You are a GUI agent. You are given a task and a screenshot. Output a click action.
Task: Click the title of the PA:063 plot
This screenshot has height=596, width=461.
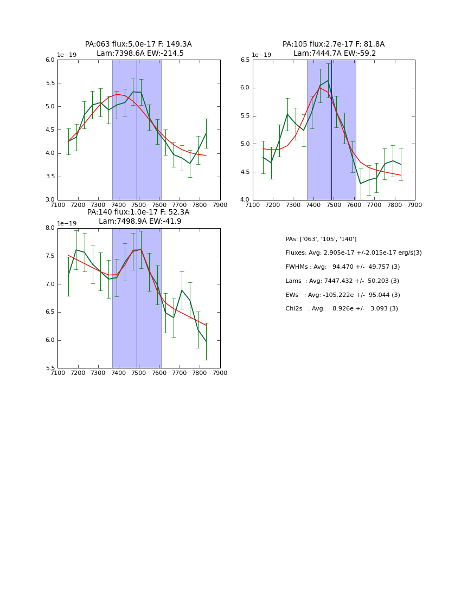pos(138,49)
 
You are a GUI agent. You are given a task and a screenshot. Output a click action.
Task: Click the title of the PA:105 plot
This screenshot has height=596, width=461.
pos(334,49)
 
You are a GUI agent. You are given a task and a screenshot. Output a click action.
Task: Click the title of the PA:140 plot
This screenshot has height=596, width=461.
pos(138,217)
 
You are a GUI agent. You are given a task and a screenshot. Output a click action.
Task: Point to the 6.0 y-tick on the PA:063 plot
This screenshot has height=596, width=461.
pos(50,60)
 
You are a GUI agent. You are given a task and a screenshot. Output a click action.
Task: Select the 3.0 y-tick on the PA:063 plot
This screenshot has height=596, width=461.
pos(50,200)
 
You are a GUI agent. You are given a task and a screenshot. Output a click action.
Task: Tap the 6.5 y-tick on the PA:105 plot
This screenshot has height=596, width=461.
pos(245,60)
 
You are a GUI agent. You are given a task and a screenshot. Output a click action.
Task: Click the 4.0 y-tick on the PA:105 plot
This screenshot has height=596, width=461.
pos(245,200)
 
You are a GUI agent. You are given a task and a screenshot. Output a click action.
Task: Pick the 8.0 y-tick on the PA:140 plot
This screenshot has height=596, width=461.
pos(50,228)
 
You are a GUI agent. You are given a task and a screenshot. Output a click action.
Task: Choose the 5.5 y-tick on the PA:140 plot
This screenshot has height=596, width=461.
pos(50,368)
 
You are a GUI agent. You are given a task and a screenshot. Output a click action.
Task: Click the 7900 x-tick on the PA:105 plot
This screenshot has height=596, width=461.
pos(415,205)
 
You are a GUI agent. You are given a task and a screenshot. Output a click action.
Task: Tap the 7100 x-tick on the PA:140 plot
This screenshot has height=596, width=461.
pos(57,373)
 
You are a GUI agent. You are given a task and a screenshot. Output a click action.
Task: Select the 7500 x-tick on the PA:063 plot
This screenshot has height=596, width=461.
pos(139,205)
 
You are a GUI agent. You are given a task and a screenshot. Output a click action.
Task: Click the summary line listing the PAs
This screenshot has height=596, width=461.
pos(321,239)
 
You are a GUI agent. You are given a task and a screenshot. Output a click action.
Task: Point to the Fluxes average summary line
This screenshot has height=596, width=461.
pos(354,253)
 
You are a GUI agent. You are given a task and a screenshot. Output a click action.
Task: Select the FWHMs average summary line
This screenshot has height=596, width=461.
pos(343,267)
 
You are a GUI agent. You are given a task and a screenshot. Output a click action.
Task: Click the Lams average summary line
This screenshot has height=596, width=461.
pos(342,281)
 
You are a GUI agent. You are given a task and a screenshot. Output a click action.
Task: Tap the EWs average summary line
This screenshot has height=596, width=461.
pos(343,295)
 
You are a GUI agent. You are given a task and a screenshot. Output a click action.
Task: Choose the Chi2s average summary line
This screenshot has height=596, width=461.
pos(342,309)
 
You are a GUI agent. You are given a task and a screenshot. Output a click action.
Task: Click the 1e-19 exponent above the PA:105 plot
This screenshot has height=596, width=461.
pos(261,55)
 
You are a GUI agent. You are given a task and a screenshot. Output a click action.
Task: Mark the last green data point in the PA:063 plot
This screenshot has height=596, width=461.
pos(206,133)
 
